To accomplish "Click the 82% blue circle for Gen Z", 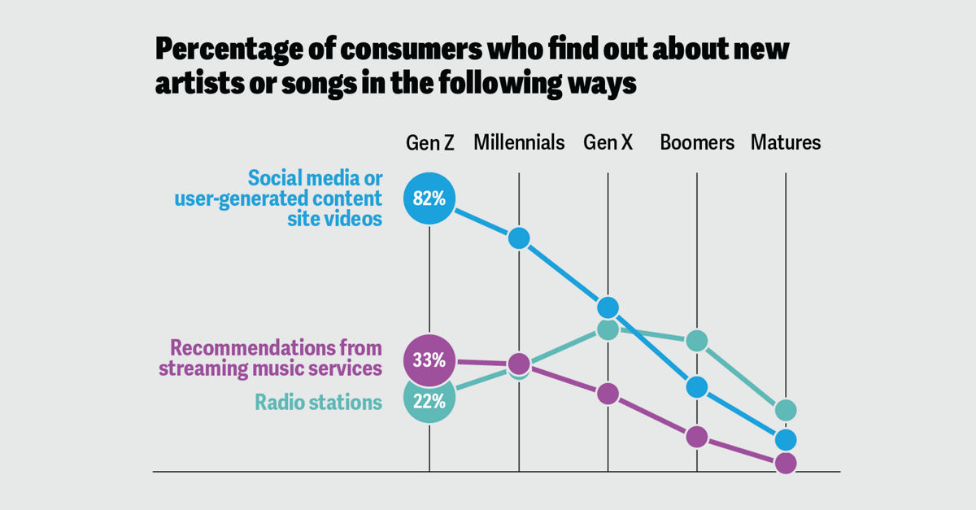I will coord(429,198).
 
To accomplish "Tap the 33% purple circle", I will coord(429,360).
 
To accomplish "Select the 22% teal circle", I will coord(429,400).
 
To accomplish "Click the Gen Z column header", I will coord(430,143).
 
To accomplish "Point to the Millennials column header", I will coord(519,143).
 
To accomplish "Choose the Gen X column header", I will coord(608,143).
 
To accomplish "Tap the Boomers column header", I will coord(697,143).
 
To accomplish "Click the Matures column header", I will coord(786,143).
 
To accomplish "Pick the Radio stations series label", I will coord(318,402).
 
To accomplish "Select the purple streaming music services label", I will coord(270,358).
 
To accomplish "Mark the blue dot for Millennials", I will coord(519,238).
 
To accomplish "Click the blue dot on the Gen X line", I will coord(608,307).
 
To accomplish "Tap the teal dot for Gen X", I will coord(608,329).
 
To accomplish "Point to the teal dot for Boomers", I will coord(697,341).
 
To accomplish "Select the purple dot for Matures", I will coord(786,463).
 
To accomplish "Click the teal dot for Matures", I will coord(786,410).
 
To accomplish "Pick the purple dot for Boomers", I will coord(697,437).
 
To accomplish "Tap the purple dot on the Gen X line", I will coord(608,394).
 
